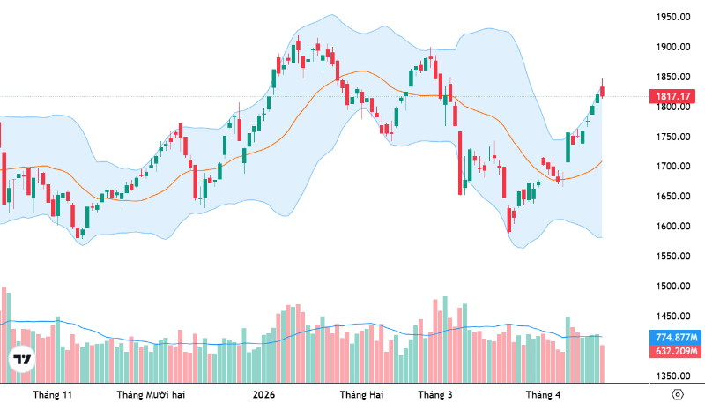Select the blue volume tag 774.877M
pos(676,338)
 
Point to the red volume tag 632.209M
pos(676,352)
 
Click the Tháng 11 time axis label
pos(52,394)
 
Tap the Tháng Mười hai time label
pos(152,394)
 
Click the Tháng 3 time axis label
pos(434,394)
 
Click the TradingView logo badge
pos(21,360)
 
